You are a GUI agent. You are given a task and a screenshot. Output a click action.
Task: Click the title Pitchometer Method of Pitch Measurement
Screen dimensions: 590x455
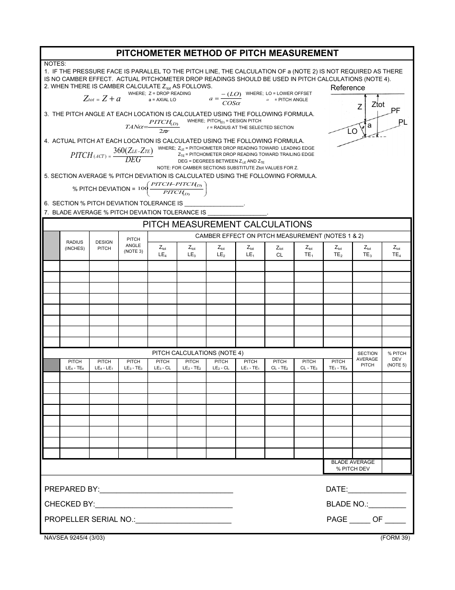pyautogui.click(x=227, y=53)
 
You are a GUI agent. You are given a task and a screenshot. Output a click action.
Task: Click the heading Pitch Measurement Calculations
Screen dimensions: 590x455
pyautogui.click(x=227, y=224)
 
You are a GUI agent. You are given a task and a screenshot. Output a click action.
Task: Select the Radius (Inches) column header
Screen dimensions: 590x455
pyautogui.click(x=75, y=246)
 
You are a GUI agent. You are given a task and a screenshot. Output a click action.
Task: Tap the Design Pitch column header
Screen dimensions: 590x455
pyautogui.click(x=104, y=246)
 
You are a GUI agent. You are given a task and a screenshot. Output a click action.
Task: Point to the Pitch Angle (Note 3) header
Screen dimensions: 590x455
pyautogui.click(x=133, y=245)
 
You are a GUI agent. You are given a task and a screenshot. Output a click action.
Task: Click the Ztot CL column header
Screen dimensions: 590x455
pyautogui.click(x=280, y=251)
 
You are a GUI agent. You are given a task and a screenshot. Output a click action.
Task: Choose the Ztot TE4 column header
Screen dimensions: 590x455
pyautogui.click(x=397, y=251)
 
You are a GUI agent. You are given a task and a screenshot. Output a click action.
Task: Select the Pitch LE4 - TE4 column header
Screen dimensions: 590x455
pyautogui.click(x=75, y=365)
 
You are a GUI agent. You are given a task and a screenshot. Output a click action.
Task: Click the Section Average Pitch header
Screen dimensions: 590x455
pyautogui.click(x=367, y=359)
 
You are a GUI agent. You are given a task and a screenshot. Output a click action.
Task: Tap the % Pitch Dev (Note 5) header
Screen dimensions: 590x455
pyautogui.click(x=397, y=359)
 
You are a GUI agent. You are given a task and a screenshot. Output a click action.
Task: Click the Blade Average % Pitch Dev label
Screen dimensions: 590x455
pyautogui.click(x=353, y=466)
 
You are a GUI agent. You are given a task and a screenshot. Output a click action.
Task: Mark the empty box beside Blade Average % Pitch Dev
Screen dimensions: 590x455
pyautogui.click(x=396, y=466)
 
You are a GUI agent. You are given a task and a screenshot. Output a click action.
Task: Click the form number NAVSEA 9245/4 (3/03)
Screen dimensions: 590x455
pyautogui.click(x=74, y=538)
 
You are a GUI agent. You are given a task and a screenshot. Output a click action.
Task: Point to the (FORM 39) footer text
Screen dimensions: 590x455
pyautogui.click(x=395, y=538)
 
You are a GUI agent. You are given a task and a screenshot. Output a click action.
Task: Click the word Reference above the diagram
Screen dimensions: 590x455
pyautogui.click(x=348, y=88)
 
